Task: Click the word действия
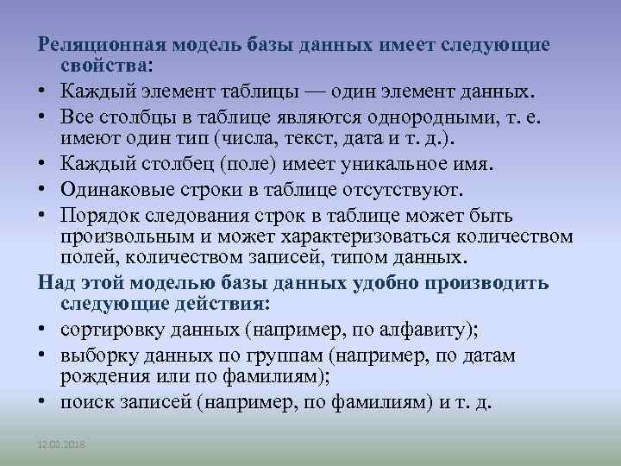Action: (226, 304)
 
